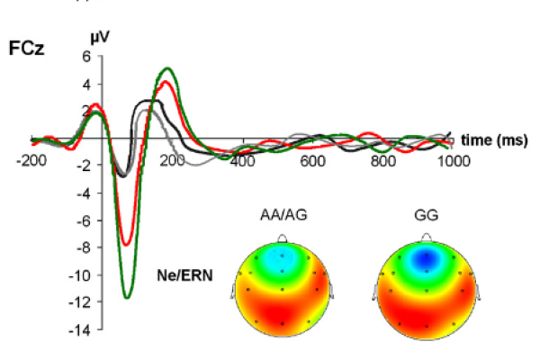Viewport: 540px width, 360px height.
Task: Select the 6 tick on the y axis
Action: click(87, 56)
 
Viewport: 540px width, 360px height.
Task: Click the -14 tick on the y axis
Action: click(82, 331)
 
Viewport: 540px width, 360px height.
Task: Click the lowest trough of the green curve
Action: click(128, 297)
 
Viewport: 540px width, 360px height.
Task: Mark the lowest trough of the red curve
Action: click(127, 244)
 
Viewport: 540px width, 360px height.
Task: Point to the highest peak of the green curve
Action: click(167, 68)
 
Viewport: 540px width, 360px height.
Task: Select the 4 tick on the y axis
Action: click(87, 84)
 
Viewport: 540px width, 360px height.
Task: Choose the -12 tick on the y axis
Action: click(82, 303)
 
